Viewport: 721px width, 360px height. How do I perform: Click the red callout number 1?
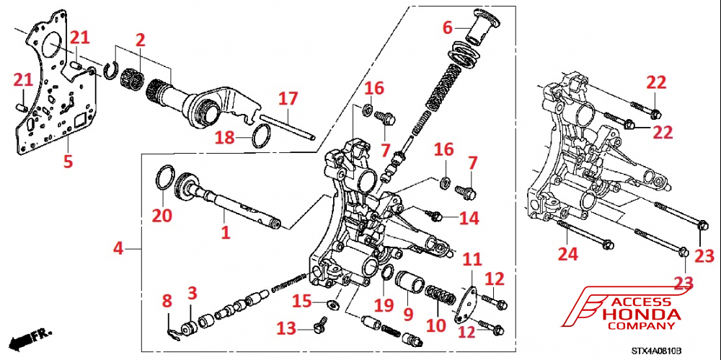(225, 232)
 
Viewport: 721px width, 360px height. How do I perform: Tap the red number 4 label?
(118, 249)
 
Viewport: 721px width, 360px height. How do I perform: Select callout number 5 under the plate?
(68, 162)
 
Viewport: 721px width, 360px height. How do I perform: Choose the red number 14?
(469, 217)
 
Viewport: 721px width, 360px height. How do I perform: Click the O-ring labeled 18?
(261, 133)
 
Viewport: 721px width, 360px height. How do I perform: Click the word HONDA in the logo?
(641, 315)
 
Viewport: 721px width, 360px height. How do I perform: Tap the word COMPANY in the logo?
(641, 328)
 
